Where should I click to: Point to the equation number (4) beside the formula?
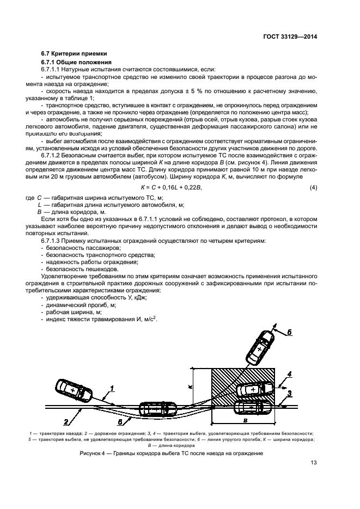point(313,188)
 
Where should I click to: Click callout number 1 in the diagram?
point(111,389)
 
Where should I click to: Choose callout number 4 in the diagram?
point(290,374)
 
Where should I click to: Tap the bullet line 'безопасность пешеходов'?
point(75,269)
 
